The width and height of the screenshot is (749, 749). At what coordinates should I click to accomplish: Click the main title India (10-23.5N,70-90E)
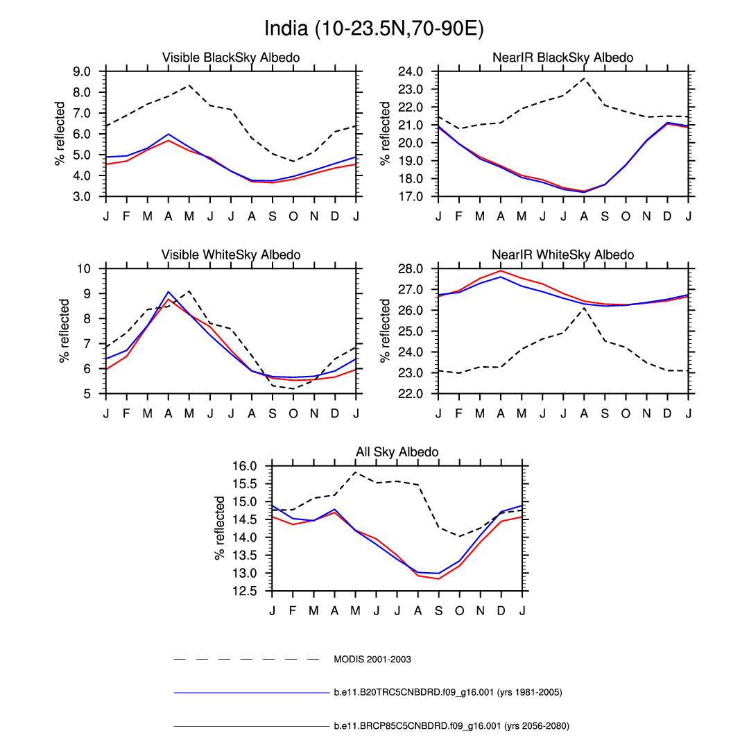click(x=374, y=29)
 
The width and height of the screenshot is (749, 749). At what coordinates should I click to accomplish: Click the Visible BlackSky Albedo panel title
click(x=231, y=58)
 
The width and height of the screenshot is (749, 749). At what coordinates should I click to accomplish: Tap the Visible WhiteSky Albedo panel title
click(x=231, y=255)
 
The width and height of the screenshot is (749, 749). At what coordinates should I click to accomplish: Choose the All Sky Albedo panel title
click(x=397, y=452)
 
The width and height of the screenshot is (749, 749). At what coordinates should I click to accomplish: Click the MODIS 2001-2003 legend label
click(x=372, y=660)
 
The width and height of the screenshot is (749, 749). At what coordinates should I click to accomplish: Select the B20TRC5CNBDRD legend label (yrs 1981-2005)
click(x=447, y=692)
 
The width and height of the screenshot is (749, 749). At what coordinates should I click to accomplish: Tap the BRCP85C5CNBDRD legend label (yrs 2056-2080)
click(x=451, y=726)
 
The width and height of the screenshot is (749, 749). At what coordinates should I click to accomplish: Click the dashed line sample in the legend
click(x=246, y=659)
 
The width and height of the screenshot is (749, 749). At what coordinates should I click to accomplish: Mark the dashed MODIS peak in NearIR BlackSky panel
click(x=585, y=78)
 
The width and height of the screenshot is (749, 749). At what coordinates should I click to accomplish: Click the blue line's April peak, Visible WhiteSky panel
click(x=169, y=292)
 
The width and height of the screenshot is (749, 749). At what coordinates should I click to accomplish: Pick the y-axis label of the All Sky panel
click(x=221, y=528)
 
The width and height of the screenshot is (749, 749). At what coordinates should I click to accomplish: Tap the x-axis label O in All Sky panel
click(x=460, y=610)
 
